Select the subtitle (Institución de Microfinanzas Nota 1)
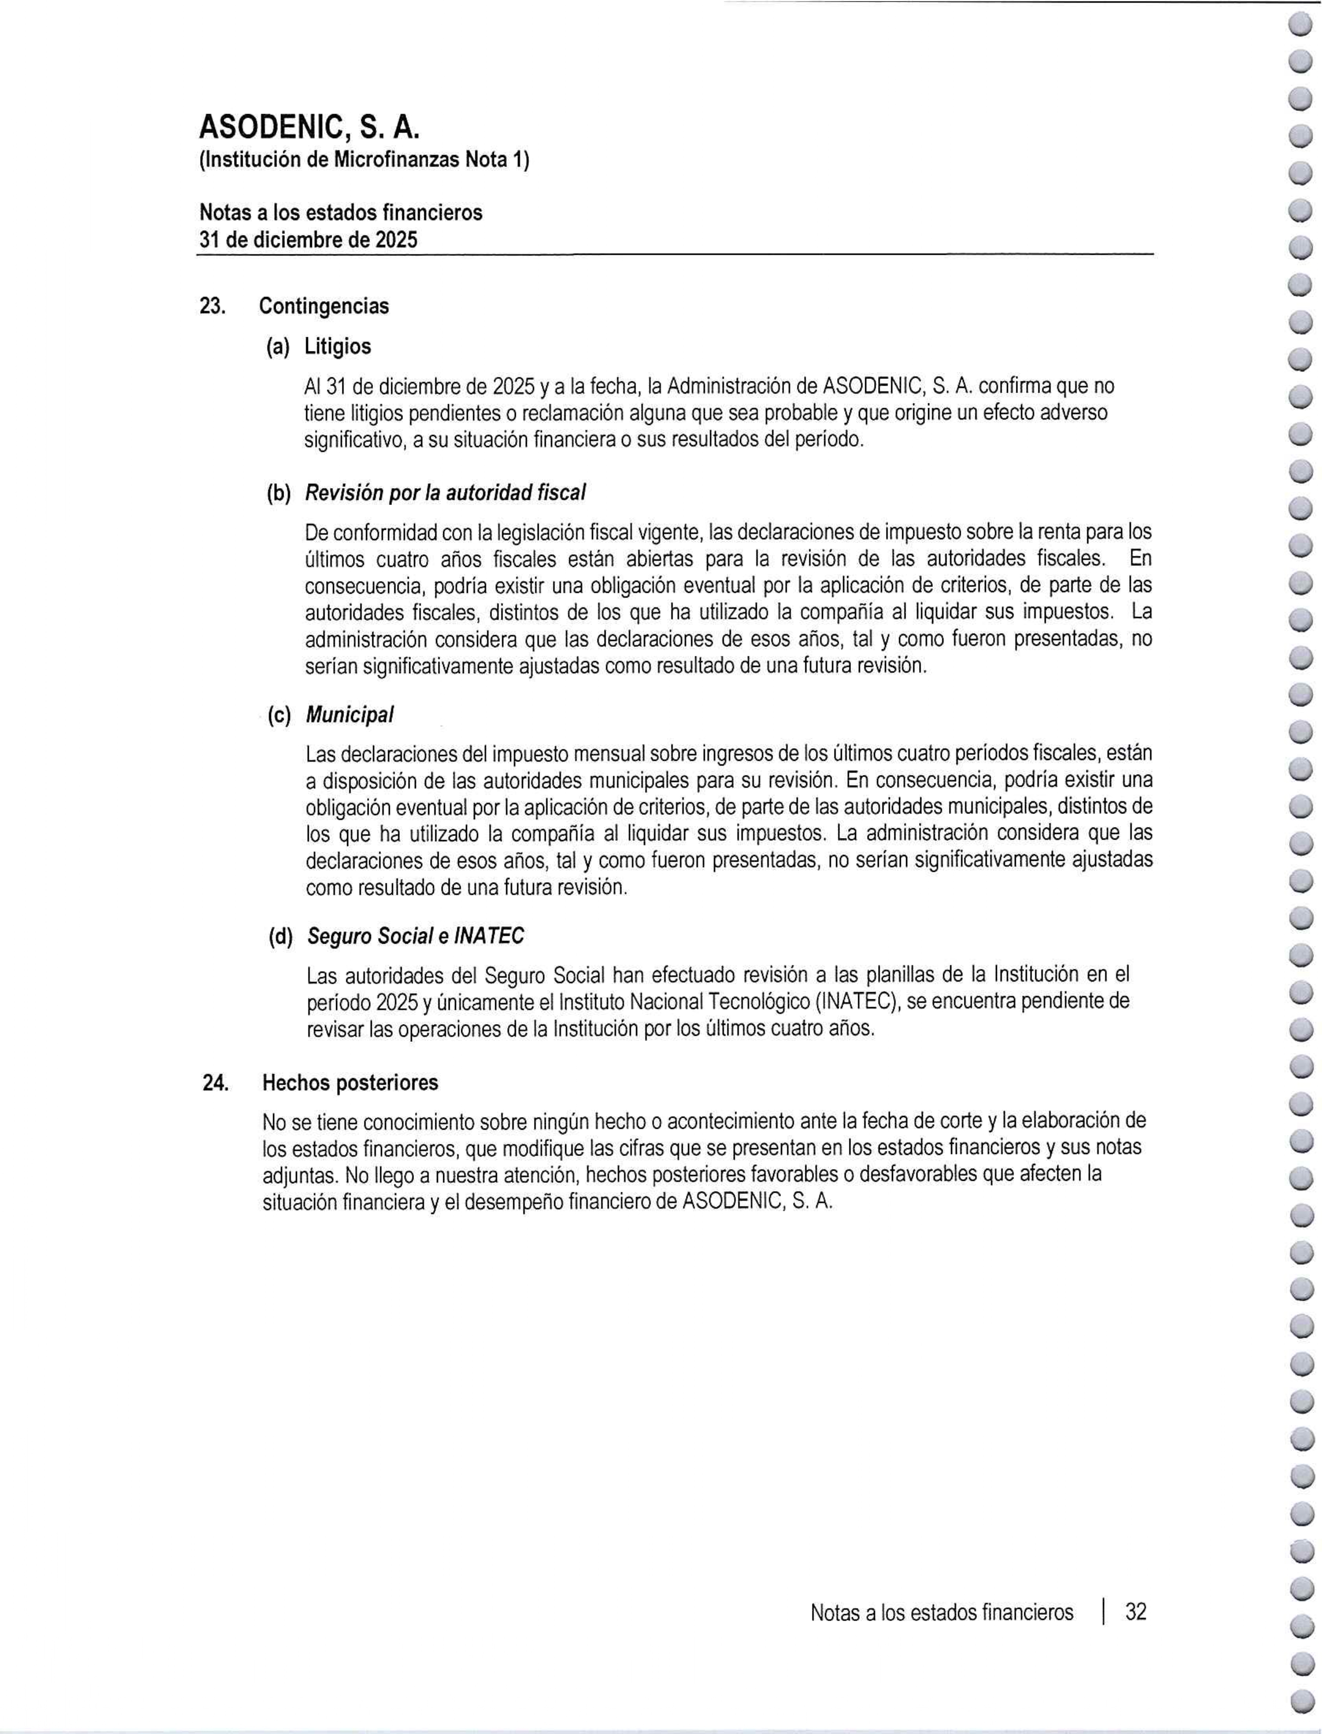(365, 161)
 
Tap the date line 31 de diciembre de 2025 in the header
(308, 239)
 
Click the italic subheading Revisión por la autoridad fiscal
(445, 493)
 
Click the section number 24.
(215, 1083)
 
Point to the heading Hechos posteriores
(350, 1083)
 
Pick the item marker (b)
(278, 493)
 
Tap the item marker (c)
(278, 716)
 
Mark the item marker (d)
(279, 937)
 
